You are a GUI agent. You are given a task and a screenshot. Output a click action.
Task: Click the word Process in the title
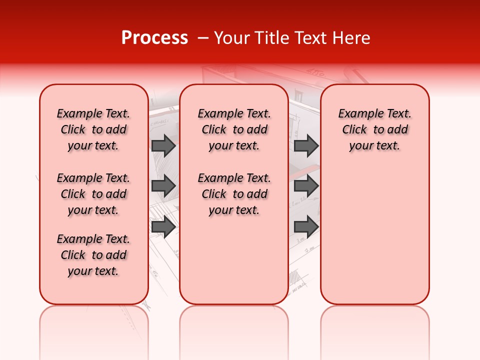tap(154, 38)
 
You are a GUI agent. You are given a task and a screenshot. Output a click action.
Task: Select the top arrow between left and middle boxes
tap(163, 145)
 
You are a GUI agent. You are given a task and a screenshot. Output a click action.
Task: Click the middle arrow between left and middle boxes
tap(163, 186)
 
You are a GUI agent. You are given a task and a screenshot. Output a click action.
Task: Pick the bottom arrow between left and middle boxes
tap(163, 227)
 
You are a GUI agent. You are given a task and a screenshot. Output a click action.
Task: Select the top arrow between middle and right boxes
tap(306, 145)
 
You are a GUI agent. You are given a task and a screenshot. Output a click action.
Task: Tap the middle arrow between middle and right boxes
tap(306, 186)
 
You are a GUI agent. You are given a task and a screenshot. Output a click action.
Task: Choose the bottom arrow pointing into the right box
tap(306, 227)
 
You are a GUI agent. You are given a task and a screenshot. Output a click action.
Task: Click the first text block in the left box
tap(93, 129)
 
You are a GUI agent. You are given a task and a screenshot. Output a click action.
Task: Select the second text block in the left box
tap(93, 194)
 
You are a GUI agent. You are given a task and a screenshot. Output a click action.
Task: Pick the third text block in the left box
tap(93, 255)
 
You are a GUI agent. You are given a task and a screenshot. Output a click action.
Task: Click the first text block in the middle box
tap(234, 129)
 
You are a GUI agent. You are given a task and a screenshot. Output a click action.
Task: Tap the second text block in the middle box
tap(234, 194)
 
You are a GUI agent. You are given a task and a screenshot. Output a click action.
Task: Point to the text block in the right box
tap(374, 129)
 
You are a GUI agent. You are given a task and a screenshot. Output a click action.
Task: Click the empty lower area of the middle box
tap(234, 260)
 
